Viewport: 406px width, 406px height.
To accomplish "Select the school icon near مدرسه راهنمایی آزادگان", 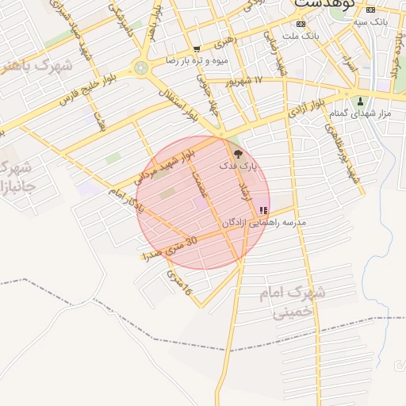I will click(x=263, y=211).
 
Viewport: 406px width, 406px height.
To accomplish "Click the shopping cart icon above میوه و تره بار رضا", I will click(x=197, y=49).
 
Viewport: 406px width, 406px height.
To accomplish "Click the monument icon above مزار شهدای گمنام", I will click(x=362, y=101).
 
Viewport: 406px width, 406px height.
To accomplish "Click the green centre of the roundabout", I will click(x=142, y=68).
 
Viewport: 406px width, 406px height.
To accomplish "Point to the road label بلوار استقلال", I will click(x=183, y=102).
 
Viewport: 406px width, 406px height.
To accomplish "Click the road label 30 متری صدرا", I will click(x=168, y=247).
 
